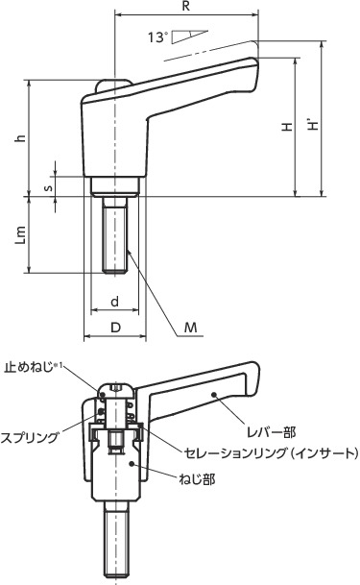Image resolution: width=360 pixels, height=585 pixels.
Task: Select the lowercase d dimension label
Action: click(114, 302)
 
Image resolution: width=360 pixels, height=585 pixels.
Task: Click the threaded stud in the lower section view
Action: click(115, 543)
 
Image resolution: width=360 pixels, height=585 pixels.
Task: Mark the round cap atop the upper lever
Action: click(115, 85)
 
